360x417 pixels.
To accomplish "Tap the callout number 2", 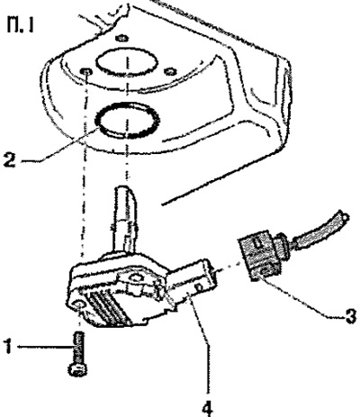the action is [9, 160].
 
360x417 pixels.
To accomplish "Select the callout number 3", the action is [349, 315].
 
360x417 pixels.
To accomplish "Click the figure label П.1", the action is [20, 25].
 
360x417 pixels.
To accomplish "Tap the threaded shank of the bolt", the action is [78, 348].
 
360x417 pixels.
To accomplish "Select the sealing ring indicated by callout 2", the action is [127, 120].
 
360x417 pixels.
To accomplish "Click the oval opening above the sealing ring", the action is [127, 62].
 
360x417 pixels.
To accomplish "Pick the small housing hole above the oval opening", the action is [122, 38].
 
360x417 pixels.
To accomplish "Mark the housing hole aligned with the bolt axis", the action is [86, 71].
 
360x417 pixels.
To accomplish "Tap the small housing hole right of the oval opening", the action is [170, 71].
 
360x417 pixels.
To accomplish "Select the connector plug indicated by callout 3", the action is [262, 254].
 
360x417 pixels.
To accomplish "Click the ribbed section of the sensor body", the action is [108, 308].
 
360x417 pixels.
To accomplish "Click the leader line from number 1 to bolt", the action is [46, 347].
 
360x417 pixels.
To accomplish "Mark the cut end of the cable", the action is [345, 216].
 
